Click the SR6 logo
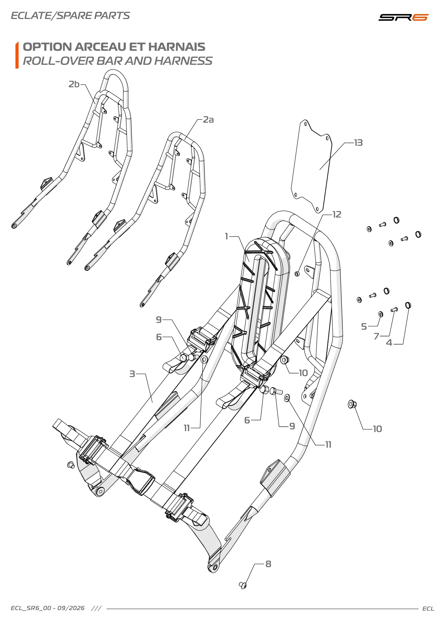click(403, 17)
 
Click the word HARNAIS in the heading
click(177, 47)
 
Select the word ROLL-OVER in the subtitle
click(58, 61)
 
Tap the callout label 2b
click(74, 84)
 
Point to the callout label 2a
click(208, 120)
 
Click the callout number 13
click(358, 143)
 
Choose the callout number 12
click(337, 215)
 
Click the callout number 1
click(227, 236)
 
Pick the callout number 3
click(132, 374)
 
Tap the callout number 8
click(268, 564)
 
